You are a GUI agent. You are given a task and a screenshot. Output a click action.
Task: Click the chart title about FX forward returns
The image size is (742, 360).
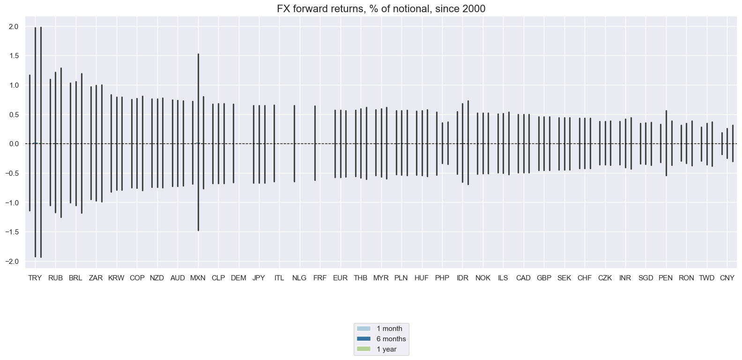(381, 8)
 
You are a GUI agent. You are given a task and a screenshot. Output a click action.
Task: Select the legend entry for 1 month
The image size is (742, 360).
(389, 329)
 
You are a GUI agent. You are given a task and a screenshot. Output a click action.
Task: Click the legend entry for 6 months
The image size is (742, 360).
(391, 339)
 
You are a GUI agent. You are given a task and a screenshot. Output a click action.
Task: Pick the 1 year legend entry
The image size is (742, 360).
(386, 349)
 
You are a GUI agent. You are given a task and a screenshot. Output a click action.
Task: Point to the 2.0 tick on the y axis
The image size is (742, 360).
(13, 27)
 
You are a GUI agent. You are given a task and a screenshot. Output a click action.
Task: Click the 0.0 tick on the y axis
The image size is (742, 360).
(13, 144)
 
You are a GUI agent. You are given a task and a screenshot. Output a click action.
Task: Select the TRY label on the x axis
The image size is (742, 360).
(35, 278)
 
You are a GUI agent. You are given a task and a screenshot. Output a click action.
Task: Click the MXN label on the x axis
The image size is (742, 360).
(198, 278)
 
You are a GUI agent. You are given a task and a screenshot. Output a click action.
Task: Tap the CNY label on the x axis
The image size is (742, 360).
(727, 278)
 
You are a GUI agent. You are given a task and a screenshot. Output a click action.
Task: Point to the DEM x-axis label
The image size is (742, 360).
(238, 278)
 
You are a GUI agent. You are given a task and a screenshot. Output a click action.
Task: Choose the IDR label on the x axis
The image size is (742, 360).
(462, 278)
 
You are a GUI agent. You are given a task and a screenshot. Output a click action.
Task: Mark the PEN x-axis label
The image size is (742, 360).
(666, 278)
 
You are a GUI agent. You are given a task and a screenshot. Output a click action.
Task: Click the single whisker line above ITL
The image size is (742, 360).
(274, 143)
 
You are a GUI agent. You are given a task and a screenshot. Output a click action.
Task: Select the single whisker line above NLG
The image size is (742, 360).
(294, 143)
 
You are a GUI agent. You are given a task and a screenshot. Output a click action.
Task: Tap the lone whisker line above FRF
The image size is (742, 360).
(315, 143)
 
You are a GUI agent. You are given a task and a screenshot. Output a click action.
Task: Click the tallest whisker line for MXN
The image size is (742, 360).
(198, 141)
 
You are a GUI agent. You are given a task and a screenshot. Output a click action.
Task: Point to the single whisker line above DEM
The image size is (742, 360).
(233, 143)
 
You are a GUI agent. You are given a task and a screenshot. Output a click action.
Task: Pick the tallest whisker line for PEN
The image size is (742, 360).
(666, 143)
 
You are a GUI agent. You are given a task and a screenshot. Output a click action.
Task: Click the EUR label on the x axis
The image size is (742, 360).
(340, 278)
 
